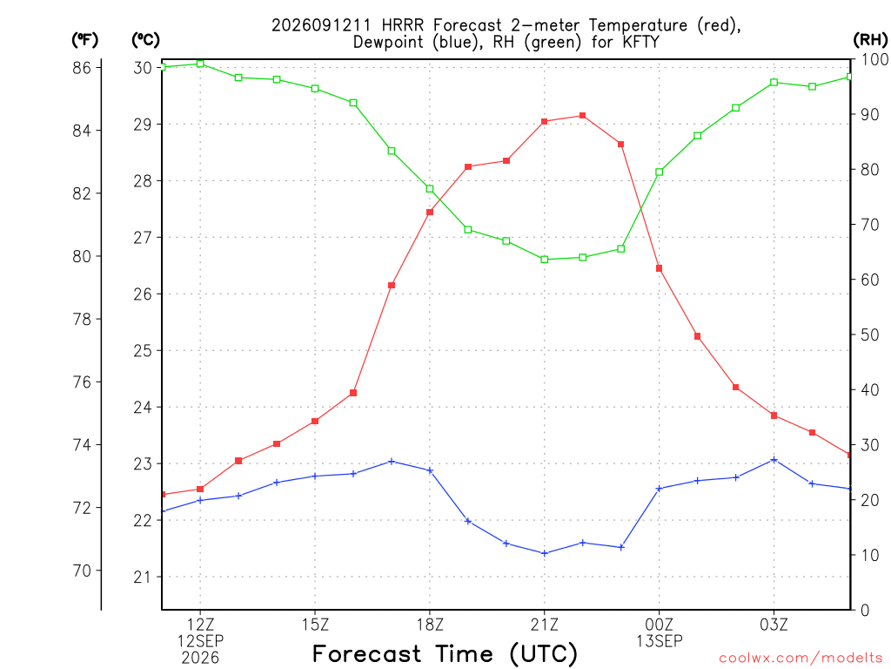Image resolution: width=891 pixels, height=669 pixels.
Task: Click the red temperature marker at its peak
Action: point(582,116)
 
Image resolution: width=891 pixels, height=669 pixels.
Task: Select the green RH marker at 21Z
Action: point(545,260)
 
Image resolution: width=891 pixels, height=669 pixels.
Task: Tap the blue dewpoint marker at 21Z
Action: point(545,553)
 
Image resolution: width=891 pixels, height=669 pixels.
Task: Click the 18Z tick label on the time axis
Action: point(430,625)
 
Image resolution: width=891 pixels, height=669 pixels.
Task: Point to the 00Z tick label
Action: point(660,625)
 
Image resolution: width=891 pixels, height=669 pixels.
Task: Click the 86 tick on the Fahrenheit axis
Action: point(82,68)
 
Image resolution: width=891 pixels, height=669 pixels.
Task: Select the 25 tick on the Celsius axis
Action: point(144,350)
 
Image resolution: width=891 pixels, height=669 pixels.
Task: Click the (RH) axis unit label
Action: point(870,40)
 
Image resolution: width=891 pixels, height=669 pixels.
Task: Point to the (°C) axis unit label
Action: point(145,40)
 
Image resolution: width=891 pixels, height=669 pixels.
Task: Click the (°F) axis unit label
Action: point(84,40)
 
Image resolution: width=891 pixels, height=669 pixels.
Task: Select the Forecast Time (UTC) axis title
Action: point(445,654)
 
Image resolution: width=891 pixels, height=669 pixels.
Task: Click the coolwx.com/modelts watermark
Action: point(801,658)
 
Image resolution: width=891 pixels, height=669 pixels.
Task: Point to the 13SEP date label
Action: point(660,641)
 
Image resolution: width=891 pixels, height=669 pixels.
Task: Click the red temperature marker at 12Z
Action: point(200,489)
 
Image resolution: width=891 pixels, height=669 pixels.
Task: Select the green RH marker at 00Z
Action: point(660,172)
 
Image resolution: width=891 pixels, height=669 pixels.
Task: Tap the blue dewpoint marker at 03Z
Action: point(774,460)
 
